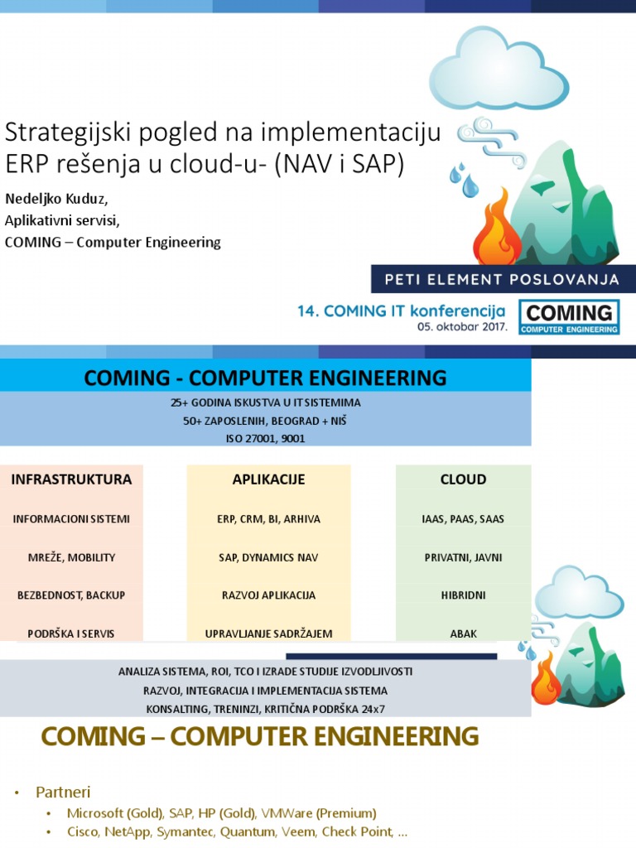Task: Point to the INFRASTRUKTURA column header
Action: pyautogui.click(x=71, y=479)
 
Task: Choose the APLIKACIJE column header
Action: pyautogui.click(x=268, y=479)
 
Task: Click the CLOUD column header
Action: pyautogui.click(x=463, y=479)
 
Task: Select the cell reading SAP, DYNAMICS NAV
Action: pyautogui.click(x=268, y=557)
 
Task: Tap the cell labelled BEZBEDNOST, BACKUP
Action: pyautogui.click(x=71, y=595)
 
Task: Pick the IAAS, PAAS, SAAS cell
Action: pyautogui.click(x=463, y=519)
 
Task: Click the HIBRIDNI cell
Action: pyautogui.click(x=463, y=595)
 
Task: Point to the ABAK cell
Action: pyautogui.click(x=463, y=634)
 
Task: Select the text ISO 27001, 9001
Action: pyautogui.click(x=265, y=439)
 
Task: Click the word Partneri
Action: pyautogui.click(x=63, y=793)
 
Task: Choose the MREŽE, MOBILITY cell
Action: pyautogui.click(x=71, y=557)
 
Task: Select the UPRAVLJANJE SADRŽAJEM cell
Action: pyautogui.click(x=268, y=634)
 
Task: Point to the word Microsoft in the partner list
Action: pyautogui.click(x=95, y=812)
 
